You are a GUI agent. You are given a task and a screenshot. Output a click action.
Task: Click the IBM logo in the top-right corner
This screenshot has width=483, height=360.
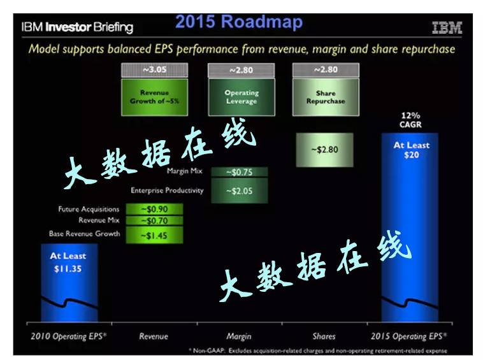[447, 28]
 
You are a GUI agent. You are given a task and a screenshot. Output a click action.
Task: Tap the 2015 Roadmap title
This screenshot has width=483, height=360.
[239, 22]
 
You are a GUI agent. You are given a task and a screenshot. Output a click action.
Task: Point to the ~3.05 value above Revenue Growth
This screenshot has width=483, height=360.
[154, 69]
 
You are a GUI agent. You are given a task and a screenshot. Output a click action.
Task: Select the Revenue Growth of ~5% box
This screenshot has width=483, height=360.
[154, 97]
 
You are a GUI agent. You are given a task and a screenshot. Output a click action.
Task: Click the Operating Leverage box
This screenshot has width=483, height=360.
[241, 97]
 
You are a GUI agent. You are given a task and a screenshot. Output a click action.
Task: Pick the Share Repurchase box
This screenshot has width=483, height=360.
[325, 97]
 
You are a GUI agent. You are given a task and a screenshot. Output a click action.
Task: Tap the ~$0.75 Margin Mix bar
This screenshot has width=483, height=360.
[239, 171]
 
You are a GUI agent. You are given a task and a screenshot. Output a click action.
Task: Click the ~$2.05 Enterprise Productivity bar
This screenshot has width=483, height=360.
[239, 191]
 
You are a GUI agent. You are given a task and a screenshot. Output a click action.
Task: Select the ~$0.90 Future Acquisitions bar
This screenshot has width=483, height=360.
[154, 209]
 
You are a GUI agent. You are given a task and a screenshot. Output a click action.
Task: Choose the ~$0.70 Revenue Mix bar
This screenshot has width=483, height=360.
[154, 220]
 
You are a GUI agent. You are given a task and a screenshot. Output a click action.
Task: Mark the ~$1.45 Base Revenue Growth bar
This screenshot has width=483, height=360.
[154, 234]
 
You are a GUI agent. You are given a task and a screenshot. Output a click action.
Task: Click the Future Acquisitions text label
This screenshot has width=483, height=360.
[89, 209]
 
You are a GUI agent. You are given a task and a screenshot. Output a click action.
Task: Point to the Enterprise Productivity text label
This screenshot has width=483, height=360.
[167, 191]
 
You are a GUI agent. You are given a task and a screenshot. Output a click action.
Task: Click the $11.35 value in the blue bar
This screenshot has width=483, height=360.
[68, 268]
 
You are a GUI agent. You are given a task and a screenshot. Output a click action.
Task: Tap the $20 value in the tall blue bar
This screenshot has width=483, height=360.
[411, 155]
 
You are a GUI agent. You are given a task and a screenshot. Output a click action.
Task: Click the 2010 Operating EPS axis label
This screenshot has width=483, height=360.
[69, 336]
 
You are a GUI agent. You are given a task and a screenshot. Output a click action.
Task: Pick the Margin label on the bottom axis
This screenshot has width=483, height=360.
[239, 336]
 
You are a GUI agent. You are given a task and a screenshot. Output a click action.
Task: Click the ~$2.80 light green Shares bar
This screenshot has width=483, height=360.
[325, 150]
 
